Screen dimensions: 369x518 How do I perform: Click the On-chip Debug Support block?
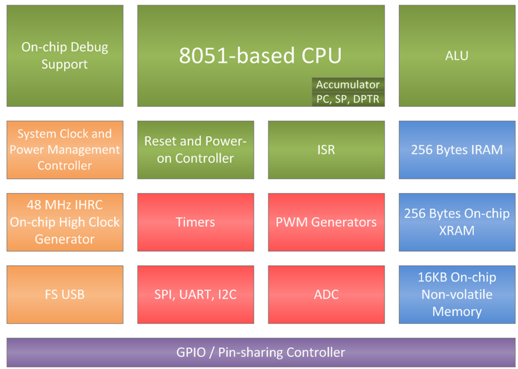tap(65, 56)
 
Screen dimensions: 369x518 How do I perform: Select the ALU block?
tap(456, 56)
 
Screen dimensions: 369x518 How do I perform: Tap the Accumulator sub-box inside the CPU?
tap(348, 85)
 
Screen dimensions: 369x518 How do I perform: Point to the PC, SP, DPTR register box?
tap(348, 99)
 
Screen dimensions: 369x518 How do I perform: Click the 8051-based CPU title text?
tap(260, 56)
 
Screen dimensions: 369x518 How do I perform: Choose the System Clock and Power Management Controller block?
tap(65, 150)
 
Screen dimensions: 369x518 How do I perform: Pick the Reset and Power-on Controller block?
tap(196, 150)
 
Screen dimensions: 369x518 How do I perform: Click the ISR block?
tap(326, 150)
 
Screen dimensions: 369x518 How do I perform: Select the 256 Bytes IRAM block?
tap(456, 150)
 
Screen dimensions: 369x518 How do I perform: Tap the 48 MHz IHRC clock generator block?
tap(65, 222)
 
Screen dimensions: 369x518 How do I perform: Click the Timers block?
tap(196, 222)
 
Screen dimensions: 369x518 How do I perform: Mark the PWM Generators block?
tap(326, 222)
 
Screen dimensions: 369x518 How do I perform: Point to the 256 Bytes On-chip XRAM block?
tap(456, 222)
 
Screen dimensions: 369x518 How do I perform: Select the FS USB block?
tap(65, 294)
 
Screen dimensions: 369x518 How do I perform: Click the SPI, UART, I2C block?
tap(196, 294)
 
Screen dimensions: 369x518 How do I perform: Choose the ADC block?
tap(326, 294)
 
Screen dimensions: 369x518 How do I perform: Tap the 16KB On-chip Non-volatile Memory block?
tap(456, 294)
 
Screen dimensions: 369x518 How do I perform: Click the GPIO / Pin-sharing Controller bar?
tap(260, 352)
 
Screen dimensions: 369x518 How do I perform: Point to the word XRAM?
tap(456, 231)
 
